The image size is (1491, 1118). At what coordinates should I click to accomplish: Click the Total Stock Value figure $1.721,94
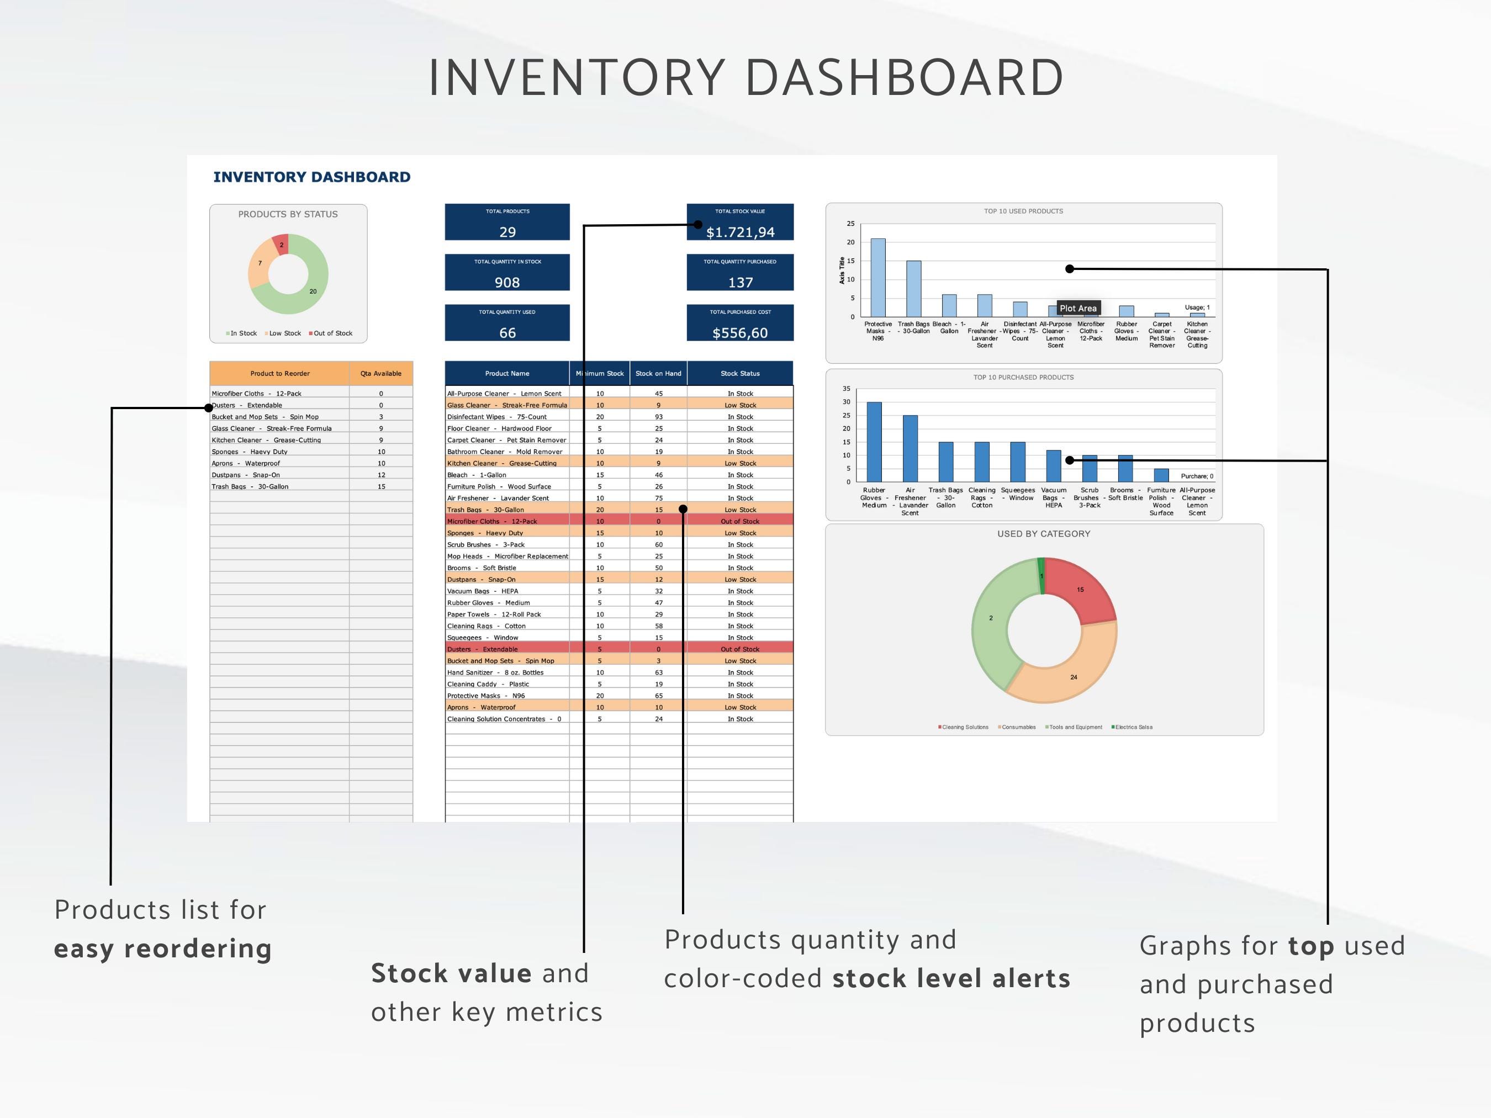coord(740,232)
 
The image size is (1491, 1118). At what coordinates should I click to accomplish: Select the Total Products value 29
coord(507,232)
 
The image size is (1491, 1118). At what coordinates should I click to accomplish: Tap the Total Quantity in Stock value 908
coord(507,282)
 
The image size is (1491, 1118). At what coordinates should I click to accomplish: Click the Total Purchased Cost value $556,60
coord(740,333)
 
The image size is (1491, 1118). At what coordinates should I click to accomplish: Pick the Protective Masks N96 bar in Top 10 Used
coord(877,278)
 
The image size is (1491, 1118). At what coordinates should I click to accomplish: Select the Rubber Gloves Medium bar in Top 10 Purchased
coord(874,442)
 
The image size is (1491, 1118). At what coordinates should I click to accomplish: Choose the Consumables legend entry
coord(1017,727)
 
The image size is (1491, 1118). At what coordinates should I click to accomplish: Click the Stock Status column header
coord(739,373)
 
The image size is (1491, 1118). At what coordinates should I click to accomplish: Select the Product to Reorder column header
coord(280,373)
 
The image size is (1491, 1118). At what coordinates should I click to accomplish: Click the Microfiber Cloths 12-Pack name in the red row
coord(492,522)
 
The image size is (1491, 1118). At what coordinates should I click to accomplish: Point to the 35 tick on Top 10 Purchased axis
coord(846,389)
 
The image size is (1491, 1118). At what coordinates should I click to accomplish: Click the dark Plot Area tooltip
coord(1078,308)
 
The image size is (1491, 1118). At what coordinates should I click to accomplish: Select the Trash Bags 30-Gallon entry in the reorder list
coord(250,486)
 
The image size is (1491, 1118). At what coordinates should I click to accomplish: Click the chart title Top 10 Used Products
coord(1023,211)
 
